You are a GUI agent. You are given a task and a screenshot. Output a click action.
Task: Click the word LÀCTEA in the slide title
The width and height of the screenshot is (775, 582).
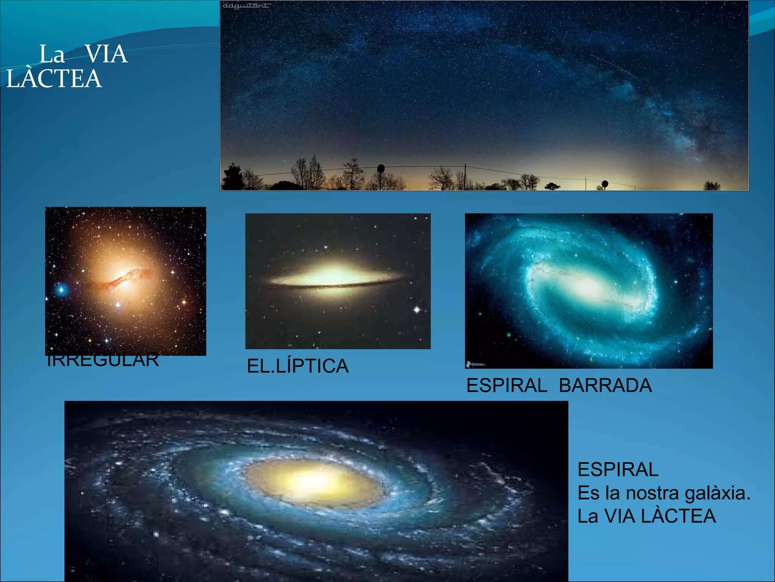click(x=54, y=79)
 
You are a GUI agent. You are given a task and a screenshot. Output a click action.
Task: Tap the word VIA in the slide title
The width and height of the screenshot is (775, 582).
click(x=106, y=54)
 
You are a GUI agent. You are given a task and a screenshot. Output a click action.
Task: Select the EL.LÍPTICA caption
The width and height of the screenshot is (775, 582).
click(x=297, y=366)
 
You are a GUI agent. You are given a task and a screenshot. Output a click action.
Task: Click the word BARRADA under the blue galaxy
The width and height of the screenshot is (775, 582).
click(x=605, y=386)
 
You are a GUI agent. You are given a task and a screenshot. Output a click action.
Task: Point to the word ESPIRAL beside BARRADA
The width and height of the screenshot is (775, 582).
click(x=507, y=386)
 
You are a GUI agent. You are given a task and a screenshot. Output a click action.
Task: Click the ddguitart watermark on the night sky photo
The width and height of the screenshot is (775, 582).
click(x=246, y=6)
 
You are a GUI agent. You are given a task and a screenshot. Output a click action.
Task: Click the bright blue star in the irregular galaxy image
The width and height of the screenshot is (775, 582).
click(x=61, y=290)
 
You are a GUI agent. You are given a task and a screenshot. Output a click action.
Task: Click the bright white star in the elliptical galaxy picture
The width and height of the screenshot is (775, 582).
click(x=417, y=310)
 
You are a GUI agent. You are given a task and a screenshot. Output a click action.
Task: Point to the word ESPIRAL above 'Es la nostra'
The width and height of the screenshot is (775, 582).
click(x=618, y=470)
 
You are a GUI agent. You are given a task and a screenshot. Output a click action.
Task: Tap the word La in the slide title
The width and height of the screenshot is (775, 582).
click(x=52, y=54)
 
